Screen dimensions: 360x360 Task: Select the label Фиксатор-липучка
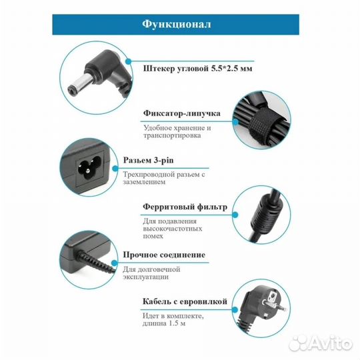[x=183, y=114]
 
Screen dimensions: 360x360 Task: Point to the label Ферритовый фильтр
[x=185, y=207]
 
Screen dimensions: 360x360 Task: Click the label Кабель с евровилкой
[x=185, y=301]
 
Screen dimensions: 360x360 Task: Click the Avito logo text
[x=333, y=344]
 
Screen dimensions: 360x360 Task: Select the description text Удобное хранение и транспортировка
[x=177, y=132]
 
